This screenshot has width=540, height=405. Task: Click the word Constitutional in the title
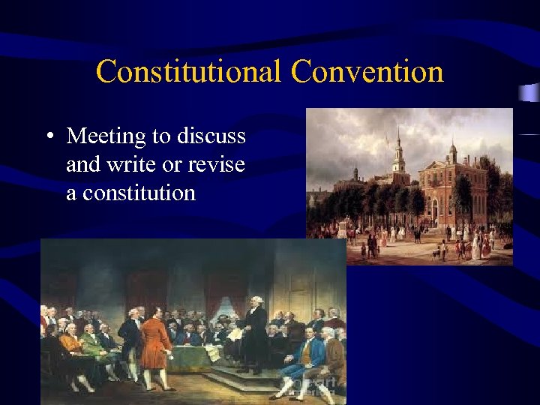pyautogui.click(x=188, y=73)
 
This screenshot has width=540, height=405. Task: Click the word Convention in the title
pyautogui.click(x=367, y=73)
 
